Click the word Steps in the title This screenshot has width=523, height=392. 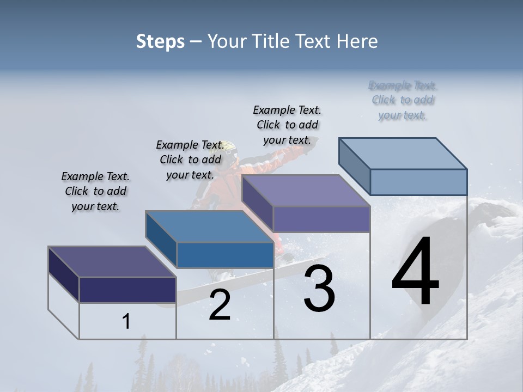pos(160,41)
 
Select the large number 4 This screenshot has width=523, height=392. pos(415,272)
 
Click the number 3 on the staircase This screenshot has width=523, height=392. pos(319,289)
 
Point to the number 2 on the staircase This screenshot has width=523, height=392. pos(220,305)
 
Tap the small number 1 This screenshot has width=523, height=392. pos(126,321)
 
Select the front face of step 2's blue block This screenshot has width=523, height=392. pos(225,255)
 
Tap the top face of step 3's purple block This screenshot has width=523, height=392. pos(306,191)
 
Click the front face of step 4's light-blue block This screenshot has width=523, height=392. pos(418,182)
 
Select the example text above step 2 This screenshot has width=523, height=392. pos(190,160)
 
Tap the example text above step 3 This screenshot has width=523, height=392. pos(287,125)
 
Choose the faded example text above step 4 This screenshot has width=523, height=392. pos(403,100)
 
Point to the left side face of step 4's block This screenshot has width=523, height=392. pos(354,166)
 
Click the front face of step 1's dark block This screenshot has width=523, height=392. pos(127,290)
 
